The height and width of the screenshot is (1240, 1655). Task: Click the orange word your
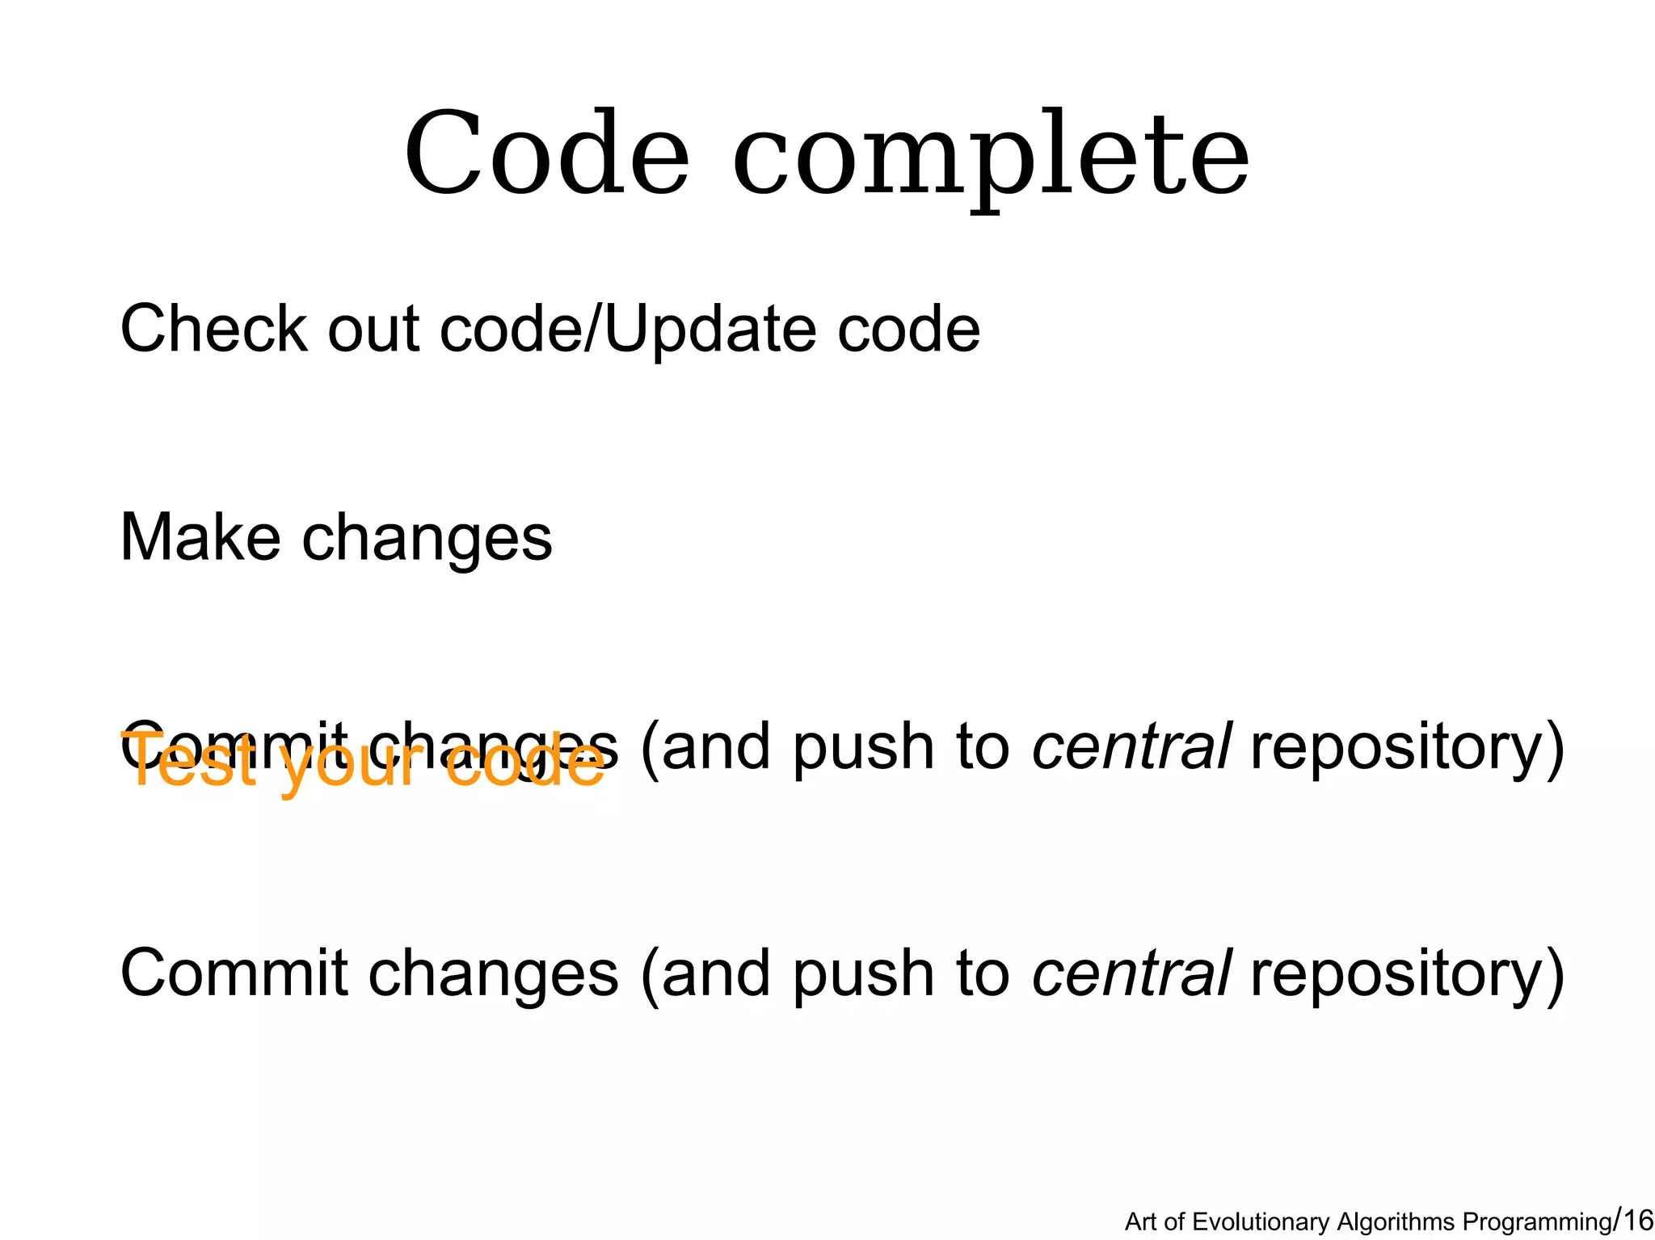tap(352, 766)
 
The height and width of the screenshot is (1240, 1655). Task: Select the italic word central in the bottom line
tap(1131, 973)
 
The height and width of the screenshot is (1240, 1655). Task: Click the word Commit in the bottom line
tap(234, 973)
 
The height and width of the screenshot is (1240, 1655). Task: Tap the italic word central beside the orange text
tap(1131, 747)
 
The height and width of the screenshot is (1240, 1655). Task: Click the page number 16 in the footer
tap(1637, 1220)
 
